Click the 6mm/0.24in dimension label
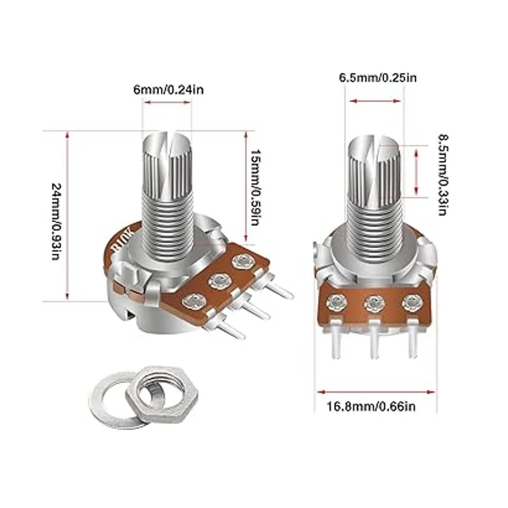coord(168,91)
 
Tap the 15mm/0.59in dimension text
coord(255,187)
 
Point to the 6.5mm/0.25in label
coord(378,78)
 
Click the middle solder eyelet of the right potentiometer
coord(373,304)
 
